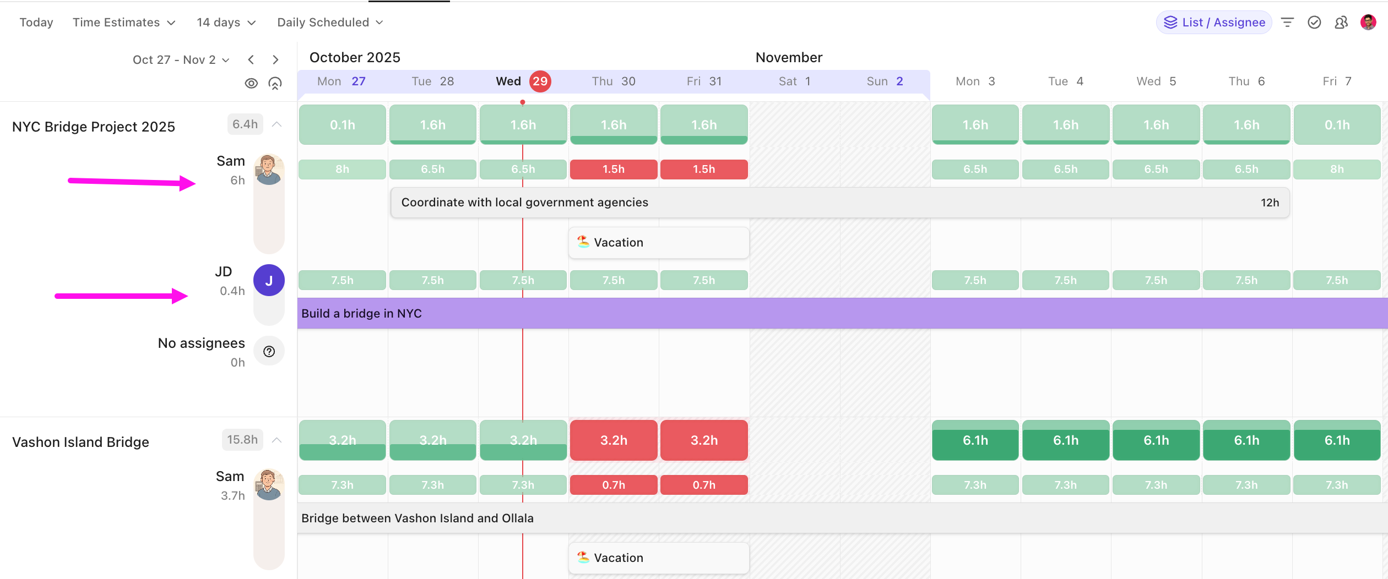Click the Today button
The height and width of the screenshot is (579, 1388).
36,23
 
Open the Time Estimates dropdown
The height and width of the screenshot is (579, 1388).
124,23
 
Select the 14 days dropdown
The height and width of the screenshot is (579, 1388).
226,23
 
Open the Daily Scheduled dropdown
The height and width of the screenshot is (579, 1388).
329,23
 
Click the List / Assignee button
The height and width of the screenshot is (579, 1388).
1214,23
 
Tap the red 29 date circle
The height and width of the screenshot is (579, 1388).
540,81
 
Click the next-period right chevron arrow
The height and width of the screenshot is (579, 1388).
275,59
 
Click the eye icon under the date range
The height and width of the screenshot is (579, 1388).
251,83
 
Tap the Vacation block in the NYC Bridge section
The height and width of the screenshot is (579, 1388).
659,243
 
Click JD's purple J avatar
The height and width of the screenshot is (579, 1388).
269,280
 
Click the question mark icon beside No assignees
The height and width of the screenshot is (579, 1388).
269,352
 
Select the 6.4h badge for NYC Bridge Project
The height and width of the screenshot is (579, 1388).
245,124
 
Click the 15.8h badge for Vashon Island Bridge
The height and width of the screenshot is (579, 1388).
242,440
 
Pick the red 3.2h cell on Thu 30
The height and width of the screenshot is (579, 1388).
614,440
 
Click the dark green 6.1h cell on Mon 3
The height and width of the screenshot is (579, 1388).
975,440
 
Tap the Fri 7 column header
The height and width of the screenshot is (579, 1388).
1337,81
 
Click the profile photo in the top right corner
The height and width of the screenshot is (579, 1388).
1368,23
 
